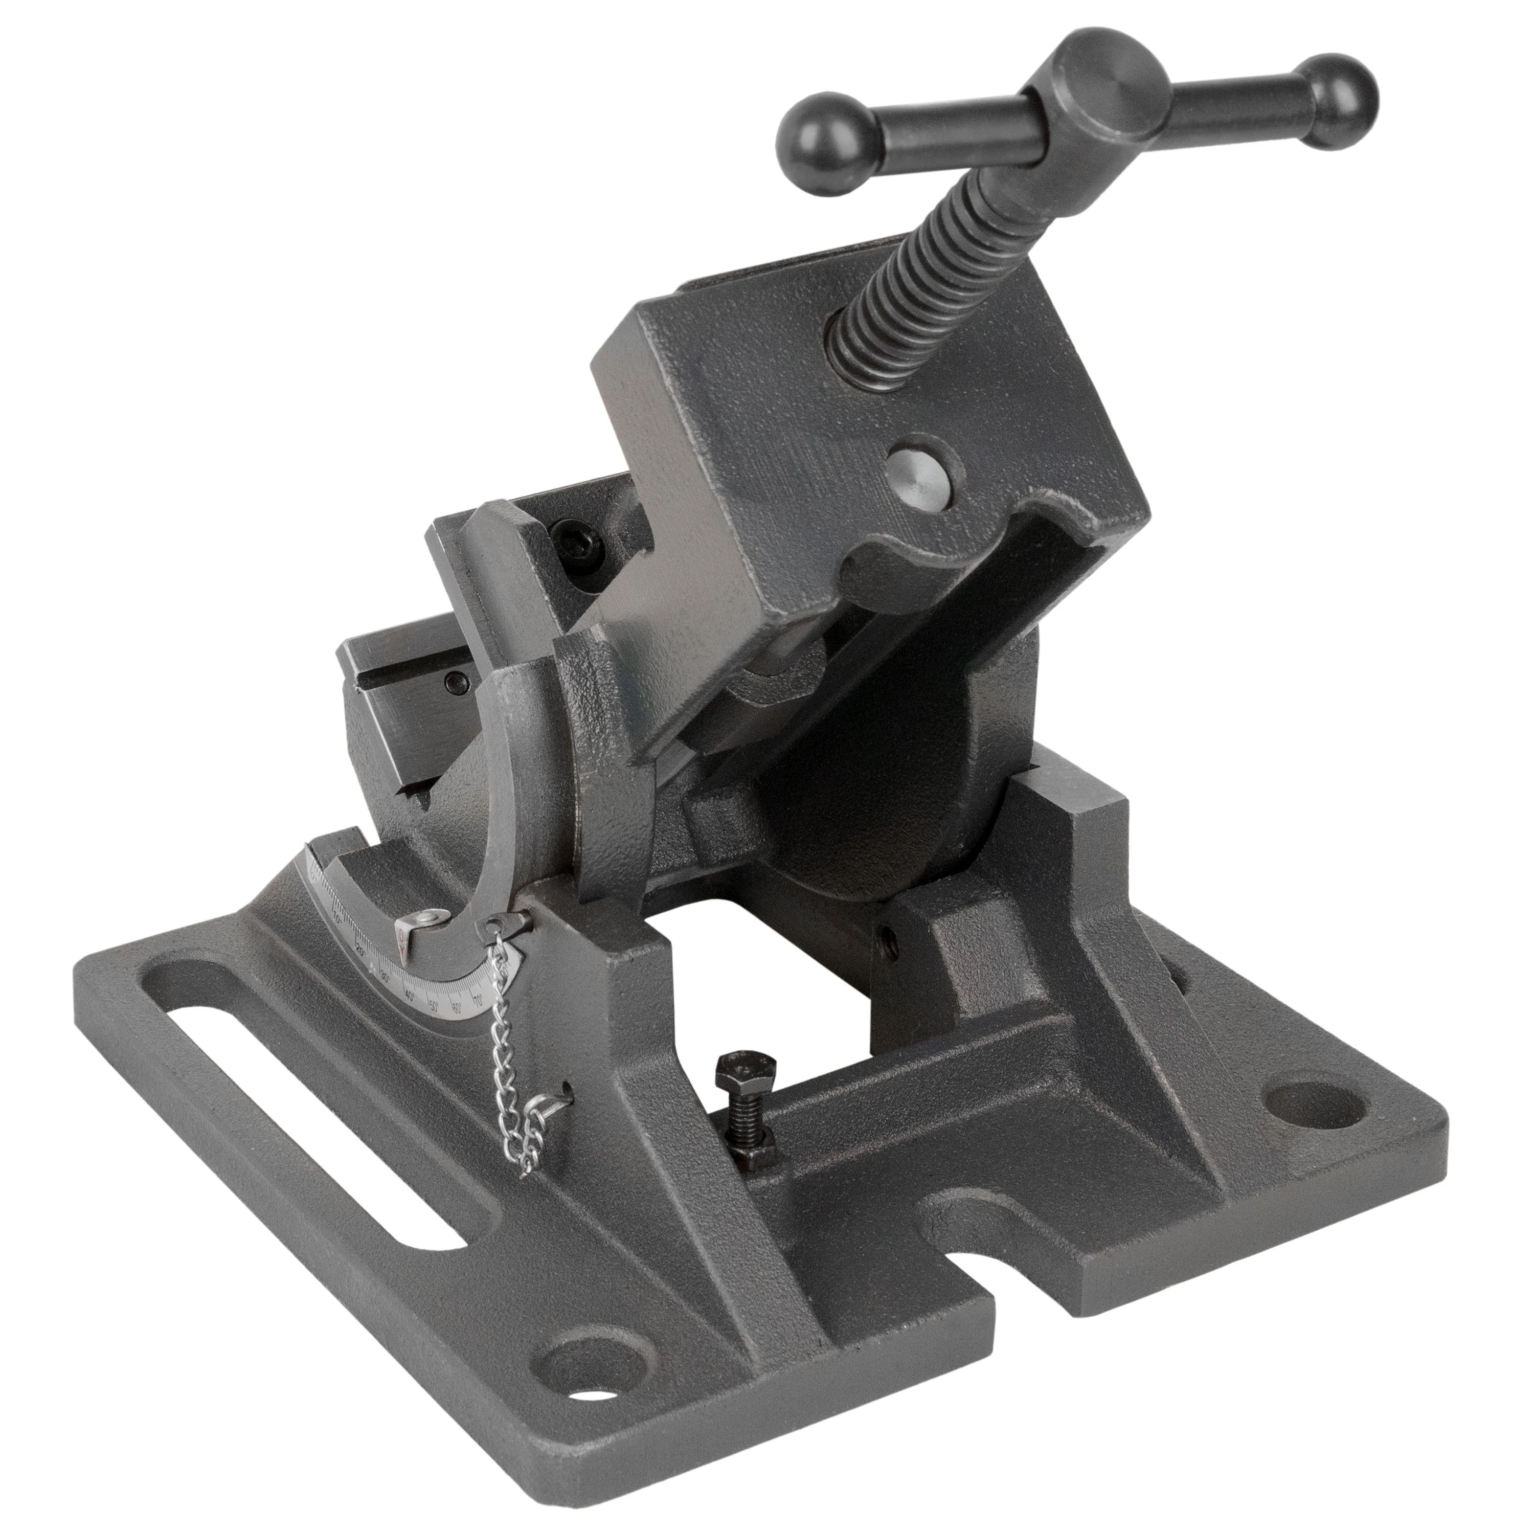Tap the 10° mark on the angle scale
tap(338, 919)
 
